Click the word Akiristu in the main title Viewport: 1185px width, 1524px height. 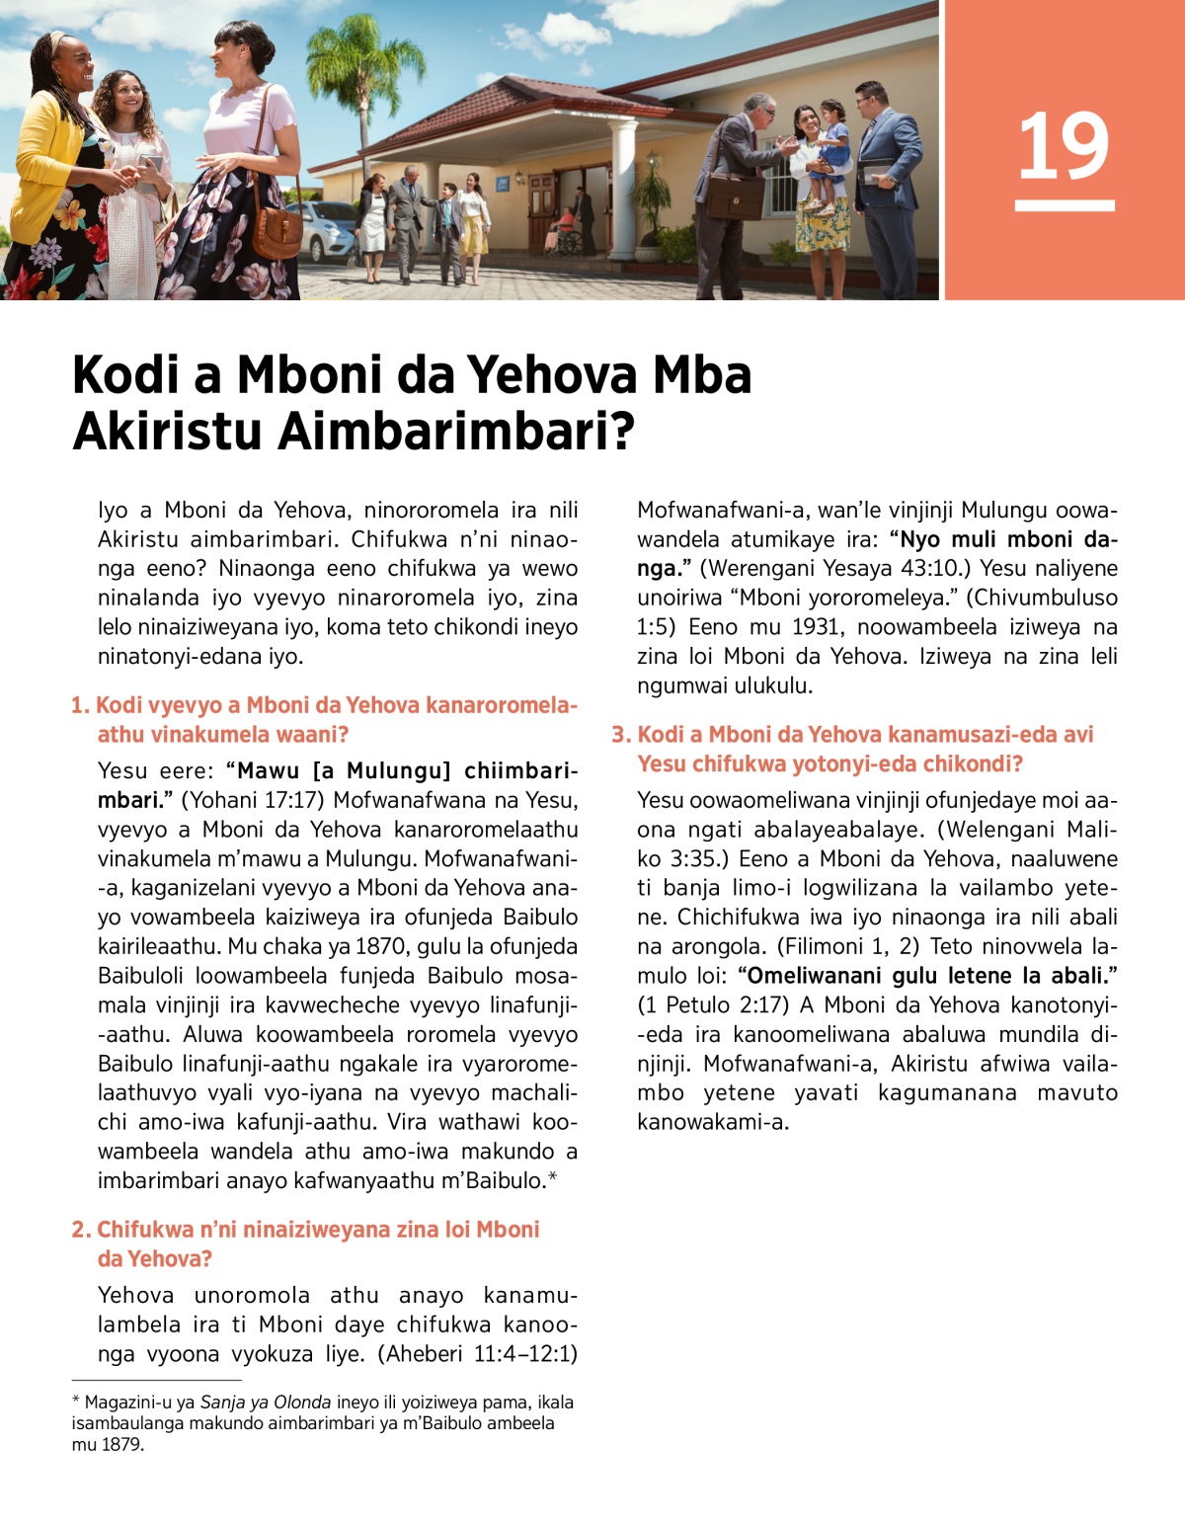click(x=168, y=432)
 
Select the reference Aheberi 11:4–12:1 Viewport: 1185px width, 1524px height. click(x=479, y=1354)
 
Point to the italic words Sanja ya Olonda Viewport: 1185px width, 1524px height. click(x=266, y=1403)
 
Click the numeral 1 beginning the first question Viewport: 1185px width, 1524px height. click(x=78, y=706)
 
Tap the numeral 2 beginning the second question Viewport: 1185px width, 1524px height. click(x=80, y=1231)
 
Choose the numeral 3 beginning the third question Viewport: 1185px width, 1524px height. click(x=619, y=735)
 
